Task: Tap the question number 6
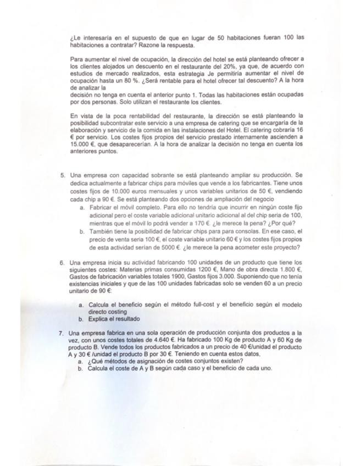[62, 262]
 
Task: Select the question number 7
[62, 333]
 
